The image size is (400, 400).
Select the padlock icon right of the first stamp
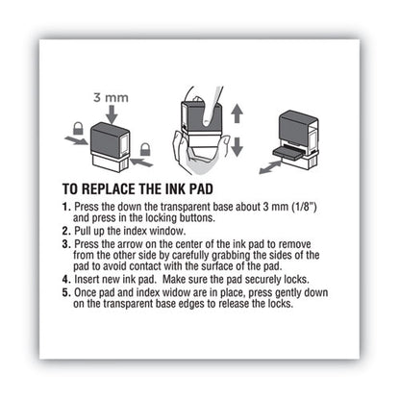pyautogui.click(x=145, y=150)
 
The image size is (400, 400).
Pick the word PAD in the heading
pyautogui.click(x=248, y=190)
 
